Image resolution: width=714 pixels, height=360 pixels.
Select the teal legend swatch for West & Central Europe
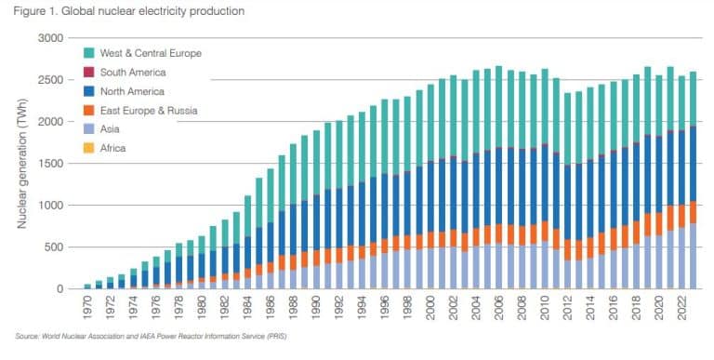(89, 53)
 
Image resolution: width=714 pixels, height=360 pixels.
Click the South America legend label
(133, 72)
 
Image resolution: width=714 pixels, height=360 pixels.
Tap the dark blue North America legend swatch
(89, 91)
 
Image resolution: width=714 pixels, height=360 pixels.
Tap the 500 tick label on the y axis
(55, 247)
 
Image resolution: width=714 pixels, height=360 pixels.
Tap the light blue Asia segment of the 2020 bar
(658, 261)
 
